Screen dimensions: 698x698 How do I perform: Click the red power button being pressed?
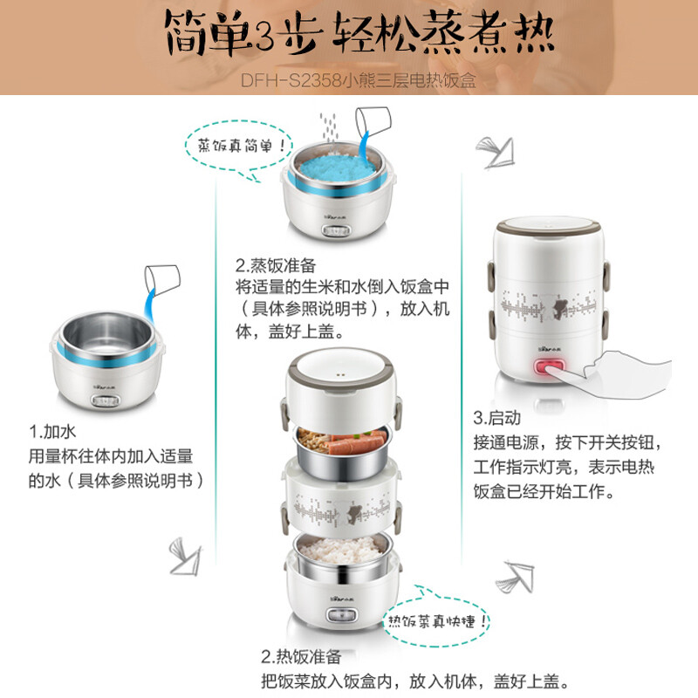(549, 368)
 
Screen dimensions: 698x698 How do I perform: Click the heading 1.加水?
(52, 431)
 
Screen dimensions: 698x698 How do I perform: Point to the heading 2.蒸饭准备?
(276, 265)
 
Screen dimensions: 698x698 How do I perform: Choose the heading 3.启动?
(496, 418)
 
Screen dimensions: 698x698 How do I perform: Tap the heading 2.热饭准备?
(301, 657)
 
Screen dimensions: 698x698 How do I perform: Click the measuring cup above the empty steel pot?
(162, 279)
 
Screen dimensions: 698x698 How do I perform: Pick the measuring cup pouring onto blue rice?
(373, 121)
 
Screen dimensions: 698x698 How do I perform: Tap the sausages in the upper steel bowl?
(356, 442)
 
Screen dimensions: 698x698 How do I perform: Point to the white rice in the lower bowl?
(339, 550)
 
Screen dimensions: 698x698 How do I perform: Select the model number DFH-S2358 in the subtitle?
(291, 80)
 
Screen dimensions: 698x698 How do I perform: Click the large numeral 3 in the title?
(264, 36)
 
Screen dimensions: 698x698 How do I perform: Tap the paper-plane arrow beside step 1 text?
(186, 556)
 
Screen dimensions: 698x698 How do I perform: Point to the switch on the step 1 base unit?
(106, 400)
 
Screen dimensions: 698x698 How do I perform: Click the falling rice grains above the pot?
(329, 127)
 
